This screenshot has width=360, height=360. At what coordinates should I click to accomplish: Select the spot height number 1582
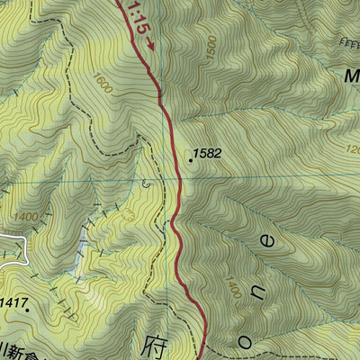[207, 154]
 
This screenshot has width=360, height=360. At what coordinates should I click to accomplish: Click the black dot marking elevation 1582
[191, 160]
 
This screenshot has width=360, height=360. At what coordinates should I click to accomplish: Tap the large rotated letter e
[267, 239]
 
